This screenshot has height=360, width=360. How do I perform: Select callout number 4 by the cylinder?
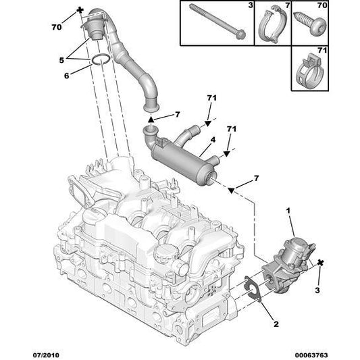212,140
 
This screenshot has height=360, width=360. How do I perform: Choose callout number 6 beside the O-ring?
66,76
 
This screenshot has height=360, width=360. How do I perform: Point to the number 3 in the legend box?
249,6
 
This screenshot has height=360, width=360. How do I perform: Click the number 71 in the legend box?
322,49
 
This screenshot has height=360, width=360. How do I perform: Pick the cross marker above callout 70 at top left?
81,10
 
